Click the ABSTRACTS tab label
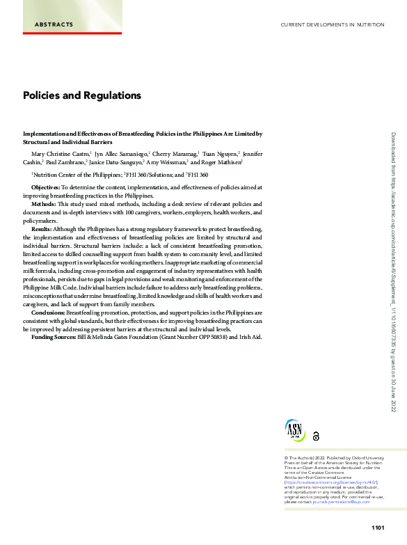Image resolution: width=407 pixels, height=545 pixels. pos(54,25)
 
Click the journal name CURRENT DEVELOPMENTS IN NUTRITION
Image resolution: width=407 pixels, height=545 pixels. pos(332,25)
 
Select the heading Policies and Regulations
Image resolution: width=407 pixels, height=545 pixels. pos(82,95)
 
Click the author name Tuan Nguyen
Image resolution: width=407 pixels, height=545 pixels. pos(221,152)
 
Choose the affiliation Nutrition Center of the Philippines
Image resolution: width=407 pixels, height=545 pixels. pos(77,175)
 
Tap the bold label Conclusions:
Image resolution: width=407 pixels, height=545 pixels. pos(48,313)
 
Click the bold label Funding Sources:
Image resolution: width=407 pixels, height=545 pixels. pos(54,337)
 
